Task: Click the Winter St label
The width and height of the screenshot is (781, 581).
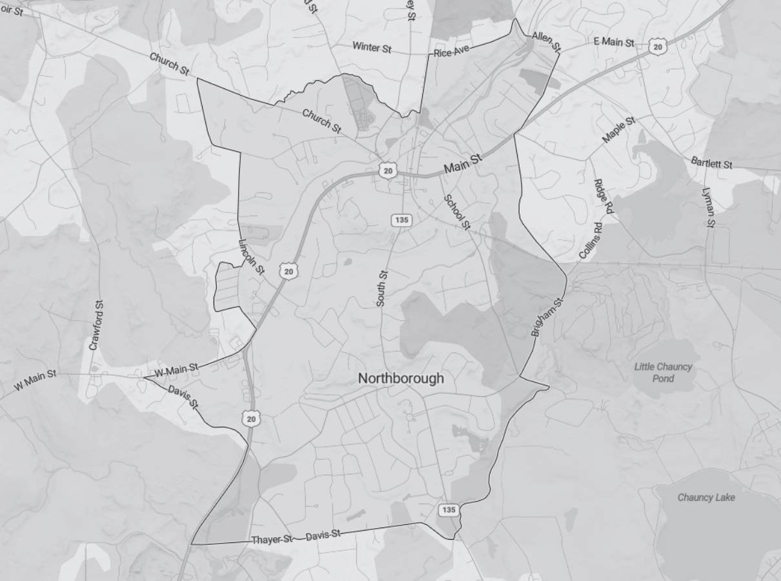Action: pyautogui.click(x=372, y=47)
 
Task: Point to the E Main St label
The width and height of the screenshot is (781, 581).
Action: pyautogui.click(x=614, y=42)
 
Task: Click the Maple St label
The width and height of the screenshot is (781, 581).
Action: pyautogui.click(x=619, y=130)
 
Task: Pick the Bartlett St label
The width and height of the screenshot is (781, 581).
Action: pyautogui.click(x=711, y=163)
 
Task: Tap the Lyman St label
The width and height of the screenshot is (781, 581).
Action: pyautogui.click(x=709, y=207)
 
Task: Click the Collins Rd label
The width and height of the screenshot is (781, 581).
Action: pyautogui.click(x=591, y=241)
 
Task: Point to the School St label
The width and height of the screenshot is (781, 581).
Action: pyautogui.click(x=456, y=211)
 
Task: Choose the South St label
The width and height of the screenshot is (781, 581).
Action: pyautogui.click(x=382, y=289)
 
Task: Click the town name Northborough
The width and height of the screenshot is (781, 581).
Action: pyautogui.click(x=401, y=378)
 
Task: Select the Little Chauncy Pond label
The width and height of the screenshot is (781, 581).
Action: pyautogui.click(x=663, y=372)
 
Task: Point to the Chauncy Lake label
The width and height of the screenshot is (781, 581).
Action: pyautogui.click(x=706, y=497)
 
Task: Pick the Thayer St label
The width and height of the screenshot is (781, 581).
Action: pyautogui.click(x=272, y=539)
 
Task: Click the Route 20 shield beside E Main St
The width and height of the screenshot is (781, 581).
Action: pyautogui.click(x=657, y=46)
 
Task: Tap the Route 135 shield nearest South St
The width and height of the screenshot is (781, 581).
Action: pyautogui.click(x=401, y=220)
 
